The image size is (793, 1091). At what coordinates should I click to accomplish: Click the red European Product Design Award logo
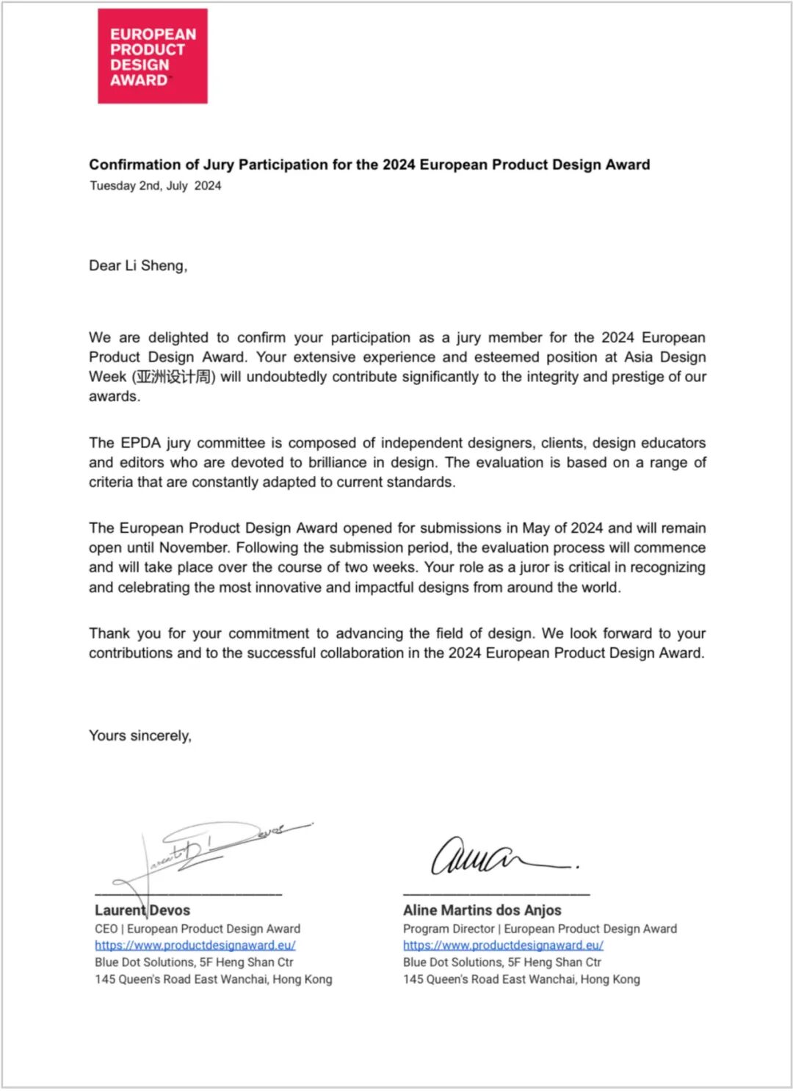[153, 56]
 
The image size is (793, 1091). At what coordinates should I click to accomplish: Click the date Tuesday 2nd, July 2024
[155, 186]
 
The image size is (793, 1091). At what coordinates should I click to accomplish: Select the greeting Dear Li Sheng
[138, 266]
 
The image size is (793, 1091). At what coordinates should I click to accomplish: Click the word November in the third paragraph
[193, 548]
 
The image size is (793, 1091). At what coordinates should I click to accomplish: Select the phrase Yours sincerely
[140, 736]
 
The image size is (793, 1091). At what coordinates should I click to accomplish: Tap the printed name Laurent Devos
[142, 910]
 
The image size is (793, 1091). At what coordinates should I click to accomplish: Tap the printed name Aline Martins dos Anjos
[482, 910]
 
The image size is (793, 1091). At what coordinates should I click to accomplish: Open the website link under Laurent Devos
[195, 946]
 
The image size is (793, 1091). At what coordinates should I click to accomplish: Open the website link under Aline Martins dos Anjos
[503, 946]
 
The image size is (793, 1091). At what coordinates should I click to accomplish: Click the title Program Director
[449, 929]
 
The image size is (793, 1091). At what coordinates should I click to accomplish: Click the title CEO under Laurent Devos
[106, 929]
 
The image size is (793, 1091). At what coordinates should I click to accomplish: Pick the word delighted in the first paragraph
[178, 338]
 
